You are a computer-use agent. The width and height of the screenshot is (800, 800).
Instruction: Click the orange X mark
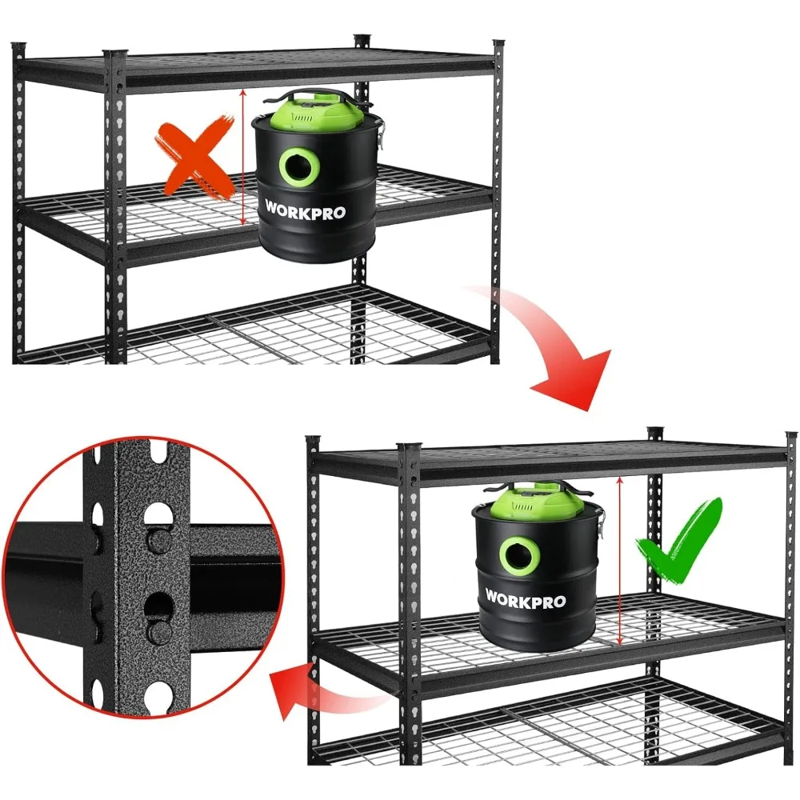click(194, 158)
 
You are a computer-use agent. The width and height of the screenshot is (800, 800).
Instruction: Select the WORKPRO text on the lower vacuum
click(526, 598)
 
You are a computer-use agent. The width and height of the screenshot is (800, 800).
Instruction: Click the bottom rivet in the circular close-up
click(156, 632)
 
